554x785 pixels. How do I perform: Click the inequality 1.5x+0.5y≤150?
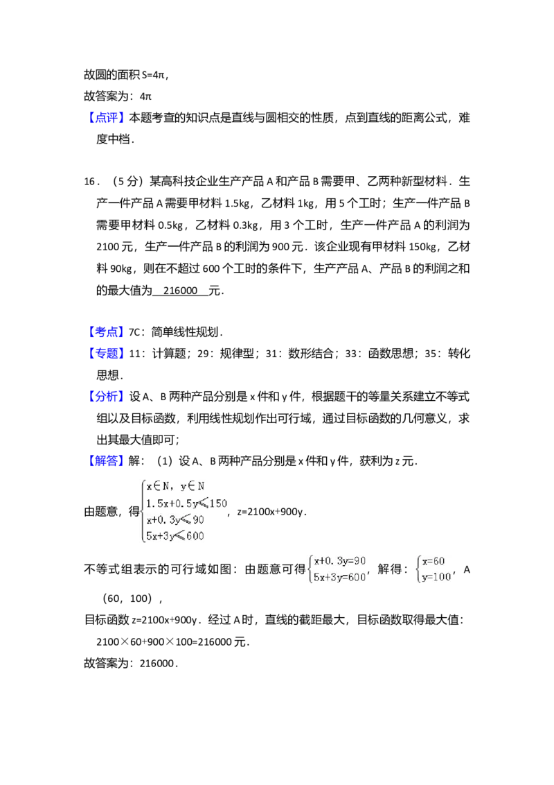click(186, 503)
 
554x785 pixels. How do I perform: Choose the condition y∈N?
click(192, 487)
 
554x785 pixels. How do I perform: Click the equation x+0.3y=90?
click(339, 561)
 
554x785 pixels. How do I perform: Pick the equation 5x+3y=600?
click(339, 578)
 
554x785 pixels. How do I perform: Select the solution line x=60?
click(434, 561)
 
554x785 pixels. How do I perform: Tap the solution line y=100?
click(436, 578)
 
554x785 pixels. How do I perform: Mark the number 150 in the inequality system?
click(217, 503)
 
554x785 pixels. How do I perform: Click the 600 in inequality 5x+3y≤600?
click(195, 535)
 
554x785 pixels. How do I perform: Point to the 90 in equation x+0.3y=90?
click(359, 561)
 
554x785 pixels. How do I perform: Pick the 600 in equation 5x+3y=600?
click(356, 578)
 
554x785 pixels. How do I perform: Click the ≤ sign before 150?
click(202, 503)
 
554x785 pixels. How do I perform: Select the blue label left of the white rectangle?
click(107, 331)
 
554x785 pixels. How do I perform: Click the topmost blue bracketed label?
click(107, 119)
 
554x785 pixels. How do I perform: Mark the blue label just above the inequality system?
click(107, 462)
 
